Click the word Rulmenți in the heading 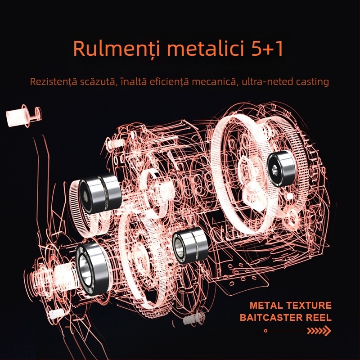tap(117, 49)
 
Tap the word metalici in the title tap(205, 48)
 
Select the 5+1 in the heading tap(267, 49)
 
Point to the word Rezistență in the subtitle tap(54, 82)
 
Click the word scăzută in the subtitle tap(99, 82)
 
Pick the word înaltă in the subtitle tap(133, 81)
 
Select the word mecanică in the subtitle tap(214, 82)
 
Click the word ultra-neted tap(266, 82)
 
